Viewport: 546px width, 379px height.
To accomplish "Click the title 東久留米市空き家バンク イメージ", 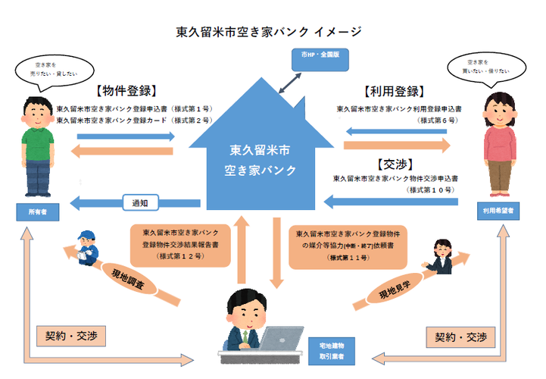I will point(269,32).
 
